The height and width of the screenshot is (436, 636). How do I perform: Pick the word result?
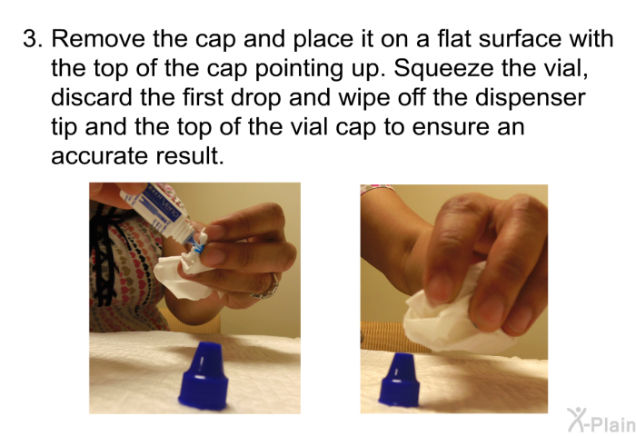click(x=189, y=155)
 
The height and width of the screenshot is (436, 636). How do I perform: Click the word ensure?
click(x=451, y=127)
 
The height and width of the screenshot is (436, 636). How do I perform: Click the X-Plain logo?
click(x=601, y=421)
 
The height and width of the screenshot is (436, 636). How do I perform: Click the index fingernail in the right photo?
click(x=438, y=289)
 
